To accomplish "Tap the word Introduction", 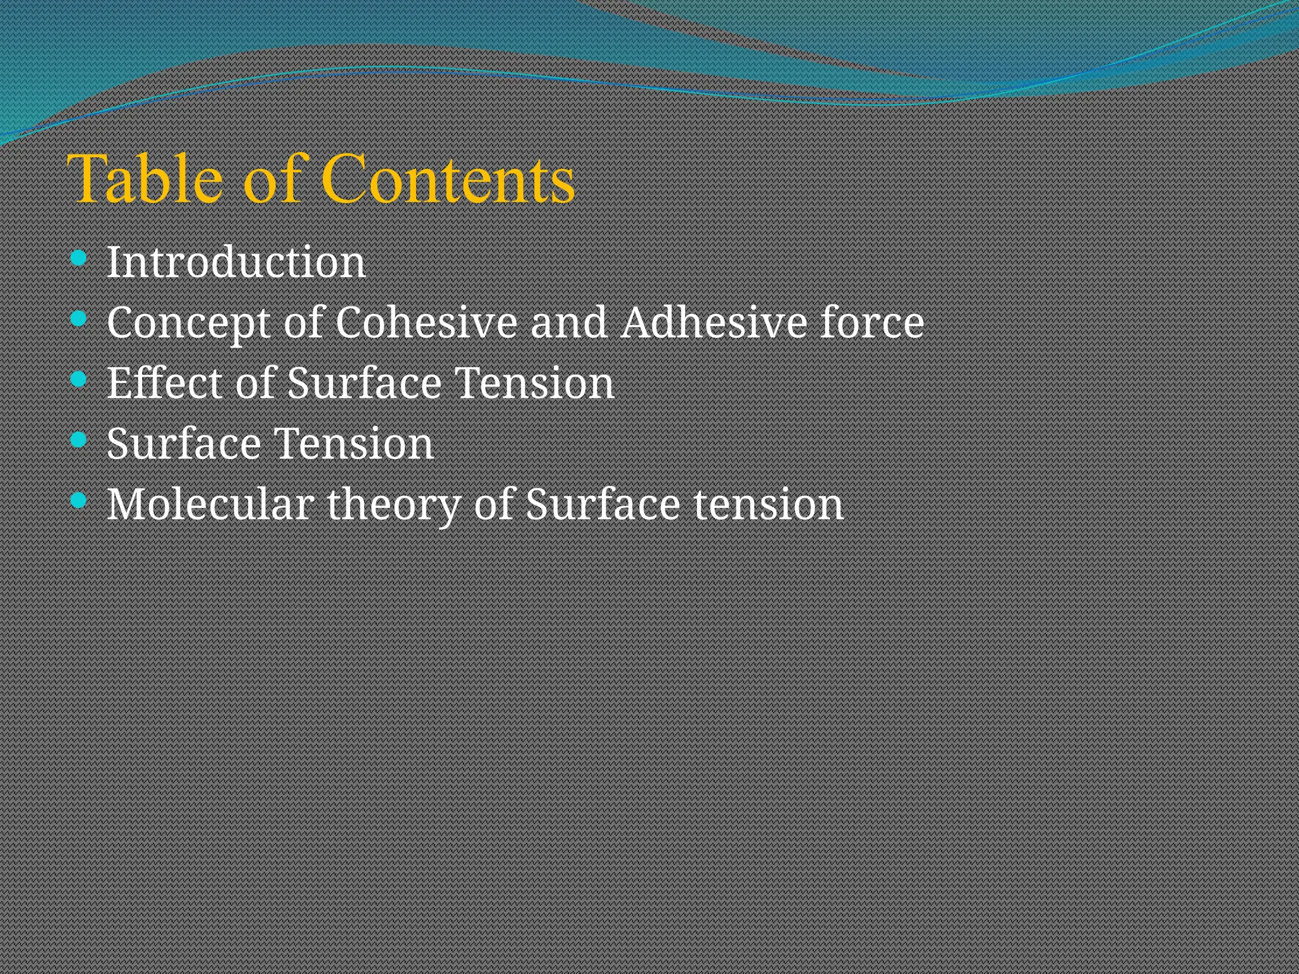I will [236, 262].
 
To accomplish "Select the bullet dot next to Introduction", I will [79, 257].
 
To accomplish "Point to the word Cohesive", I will [426, 322].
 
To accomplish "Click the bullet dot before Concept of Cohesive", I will [79, 318].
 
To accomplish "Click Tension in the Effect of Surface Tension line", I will [534, 383].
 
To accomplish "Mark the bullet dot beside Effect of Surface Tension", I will [79, 379].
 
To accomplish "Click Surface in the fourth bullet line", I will [184, 443].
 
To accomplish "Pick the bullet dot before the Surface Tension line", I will [79, 439].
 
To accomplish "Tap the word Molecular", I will [210, 504].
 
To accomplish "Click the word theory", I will [393, 505].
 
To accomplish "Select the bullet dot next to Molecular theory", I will [79, 500].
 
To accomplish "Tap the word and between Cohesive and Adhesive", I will [568, 322].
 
